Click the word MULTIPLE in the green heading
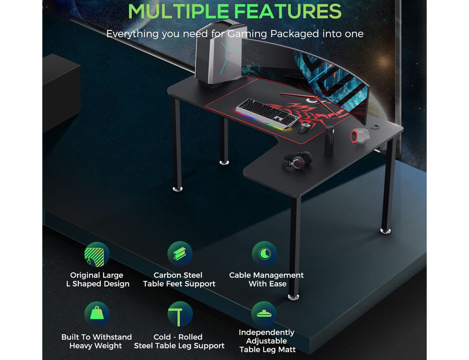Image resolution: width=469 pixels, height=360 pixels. point(179,11)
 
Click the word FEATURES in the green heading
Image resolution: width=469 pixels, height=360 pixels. point(288,11)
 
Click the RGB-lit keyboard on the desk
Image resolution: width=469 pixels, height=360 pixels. point(267,114)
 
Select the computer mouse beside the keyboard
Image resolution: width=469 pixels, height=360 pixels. point(304,128)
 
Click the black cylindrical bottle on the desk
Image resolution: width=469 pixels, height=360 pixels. point(329,141)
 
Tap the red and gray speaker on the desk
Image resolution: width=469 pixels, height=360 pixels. point(360,137)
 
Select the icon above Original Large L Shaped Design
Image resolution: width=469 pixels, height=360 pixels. point(97,254)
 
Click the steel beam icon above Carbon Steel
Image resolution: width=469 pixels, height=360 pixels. point(180,254)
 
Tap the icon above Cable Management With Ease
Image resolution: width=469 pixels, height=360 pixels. point(265,254)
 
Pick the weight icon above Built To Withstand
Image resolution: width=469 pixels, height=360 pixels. point(97,314)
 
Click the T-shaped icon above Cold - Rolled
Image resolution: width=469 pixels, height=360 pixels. point(180,314)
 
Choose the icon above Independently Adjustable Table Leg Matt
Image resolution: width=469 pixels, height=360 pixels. point(264,314)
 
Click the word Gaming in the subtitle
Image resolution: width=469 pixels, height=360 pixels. point(247,34)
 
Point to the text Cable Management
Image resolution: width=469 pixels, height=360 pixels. point(266,275)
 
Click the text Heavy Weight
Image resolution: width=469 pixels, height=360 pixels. point(96,345)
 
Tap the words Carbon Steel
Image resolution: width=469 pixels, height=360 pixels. point(178,275)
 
